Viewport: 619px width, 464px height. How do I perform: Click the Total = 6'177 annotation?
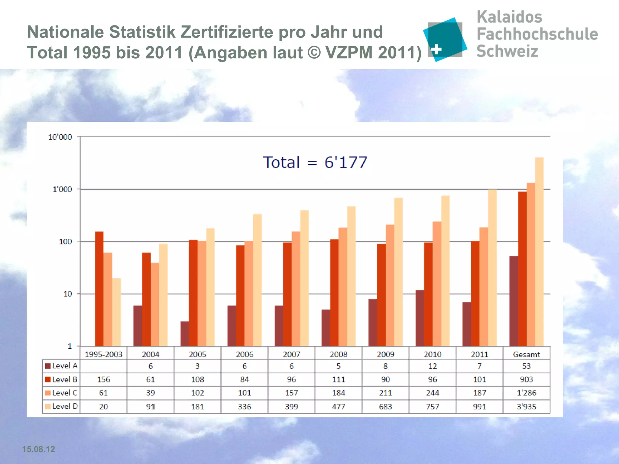[x=315, y=163]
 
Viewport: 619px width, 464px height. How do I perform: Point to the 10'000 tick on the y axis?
[x=60, y=137]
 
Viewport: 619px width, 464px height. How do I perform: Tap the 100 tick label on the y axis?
[x=65, y=242]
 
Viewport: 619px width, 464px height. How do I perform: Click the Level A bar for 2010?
[x=420, y=318]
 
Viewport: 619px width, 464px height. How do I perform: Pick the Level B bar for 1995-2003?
[x=99, y=288]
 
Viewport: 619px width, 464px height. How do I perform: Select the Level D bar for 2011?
[x=492, y=268]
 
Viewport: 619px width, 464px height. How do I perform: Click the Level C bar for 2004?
[x=155, y=304]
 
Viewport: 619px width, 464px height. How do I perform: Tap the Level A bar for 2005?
[x=184, y=333]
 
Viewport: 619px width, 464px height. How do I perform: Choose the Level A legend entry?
[x=61, y=366]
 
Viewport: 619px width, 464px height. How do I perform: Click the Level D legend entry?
[x=61, y=406]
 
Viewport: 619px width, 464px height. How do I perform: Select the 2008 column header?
[x=338, y=354]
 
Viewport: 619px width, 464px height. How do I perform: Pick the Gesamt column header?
[x=526, y=354]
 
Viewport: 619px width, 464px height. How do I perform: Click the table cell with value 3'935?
[x=526, y=407]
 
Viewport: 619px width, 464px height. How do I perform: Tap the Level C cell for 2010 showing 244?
[x=432, y=393]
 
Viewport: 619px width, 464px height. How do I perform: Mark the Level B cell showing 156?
[x=103, y=379]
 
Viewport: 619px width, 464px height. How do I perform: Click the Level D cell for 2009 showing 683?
[x=385, y=407]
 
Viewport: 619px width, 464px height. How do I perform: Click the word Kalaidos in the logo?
[x=509, y=17]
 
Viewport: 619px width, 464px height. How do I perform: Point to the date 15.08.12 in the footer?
[x=38, y=449]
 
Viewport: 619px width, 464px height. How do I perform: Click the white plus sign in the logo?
[x=436, y=49]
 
